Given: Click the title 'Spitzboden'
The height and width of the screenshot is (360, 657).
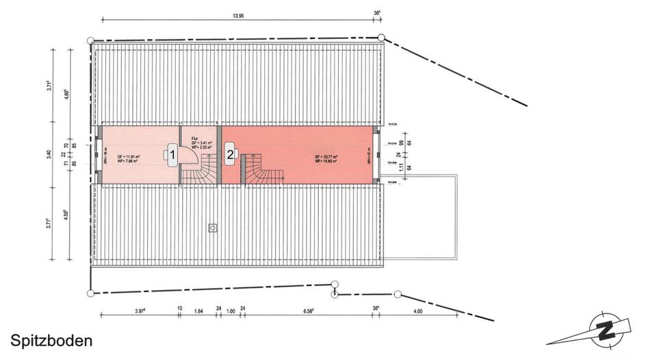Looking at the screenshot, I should (51, 340).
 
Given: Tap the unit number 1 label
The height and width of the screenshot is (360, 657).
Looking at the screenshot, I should (173, 155).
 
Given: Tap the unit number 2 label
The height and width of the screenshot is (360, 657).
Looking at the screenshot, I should (230, 155).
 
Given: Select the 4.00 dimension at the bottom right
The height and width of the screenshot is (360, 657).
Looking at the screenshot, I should (418, 311).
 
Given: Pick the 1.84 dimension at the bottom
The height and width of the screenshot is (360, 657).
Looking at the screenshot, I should (199, 311).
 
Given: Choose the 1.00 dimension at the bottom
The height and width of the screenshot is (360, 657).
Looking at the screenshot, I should (231, 311).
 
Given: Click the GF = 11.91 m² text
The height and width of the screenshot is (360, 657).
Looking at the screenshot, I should (129, 157).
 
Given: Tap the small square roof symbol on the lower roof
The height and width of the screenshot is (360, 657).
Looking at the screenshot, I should (213, 227).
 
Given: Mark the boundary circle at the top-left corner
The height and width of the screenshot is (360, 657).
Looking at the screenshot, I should (92, 41).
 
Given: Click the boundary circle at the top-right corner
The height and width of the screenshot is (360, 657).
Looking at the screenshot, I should (381, 38).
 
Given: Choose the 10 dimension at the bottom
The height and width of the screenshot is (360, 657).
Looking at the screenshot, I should (179, 309).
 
